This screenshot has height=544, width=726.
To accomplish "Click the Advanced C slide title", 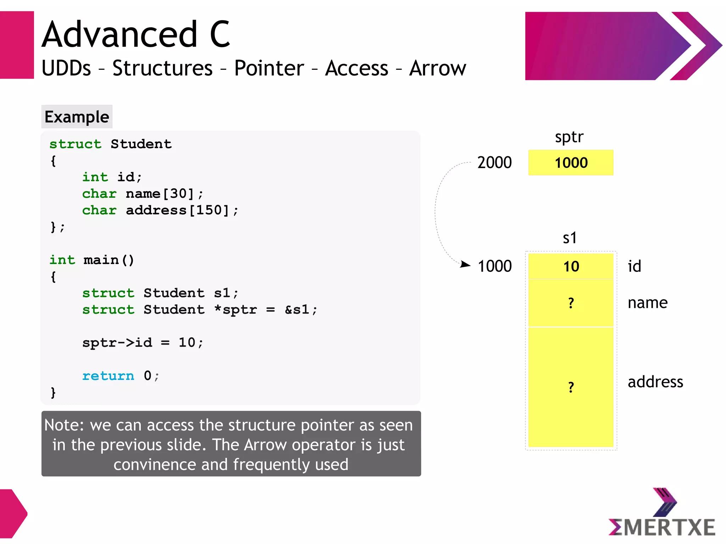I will pyautogui.click(x=136, y=34).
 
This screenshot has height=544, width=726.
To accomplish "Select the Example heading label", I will pyautogui.click(x=77, y=117).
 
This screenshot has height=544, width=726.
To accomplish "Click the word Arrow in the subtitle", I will pyautogui.click(x=437, y=68).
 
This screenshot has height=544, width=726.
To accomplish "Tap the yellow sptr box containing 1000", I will pyautogui.click(x=571, y=163).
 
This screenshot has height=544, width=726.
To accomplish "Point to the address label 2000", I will pyautogui.click(x=495, y=163).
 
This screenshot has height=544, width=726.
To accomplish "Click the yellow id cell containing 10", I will pyautogui.click(x=571, y=266).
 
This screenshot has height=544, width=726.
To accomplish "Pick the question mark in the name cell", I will pyautogui.click(x=571, y=303).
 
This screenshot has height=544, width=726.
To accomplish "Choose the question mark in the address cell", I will pyautogui.click(x=571, y=387).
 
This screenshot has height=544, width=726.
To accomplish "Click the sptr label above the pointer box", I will pyautogui.click(x=569, y=137).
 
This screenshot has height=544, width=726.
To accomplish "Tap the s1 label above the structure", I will pyautogui.click(x=570, y=238).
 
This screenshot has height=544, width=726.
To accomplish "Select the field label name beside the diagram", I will pyautogui.click(x=648, y=303).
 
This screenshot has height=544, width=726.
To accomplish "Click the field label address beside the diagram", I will pyautogui.click(x=655, y=382).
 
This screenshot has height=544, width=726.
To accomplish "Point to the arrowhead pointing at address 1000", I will pyautogui.click(x=465, y=264).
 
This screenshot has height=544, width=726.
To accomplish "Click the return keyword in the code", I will pyautogui.click(x=108, y=376).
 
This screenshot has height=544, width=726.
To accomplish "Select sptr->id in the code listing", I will pyautogui.click(x=117, y=343).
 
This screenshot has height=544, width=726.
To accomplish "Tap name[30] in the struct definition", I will pyautogui.click(x=160, y=194).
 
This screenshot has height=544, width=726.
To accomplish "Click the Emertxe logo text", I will pyautogui.click(x=662, y=527).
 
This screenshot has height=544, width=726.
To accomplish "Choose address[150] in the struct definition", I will pyautogui.click(x=178, y=211).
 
